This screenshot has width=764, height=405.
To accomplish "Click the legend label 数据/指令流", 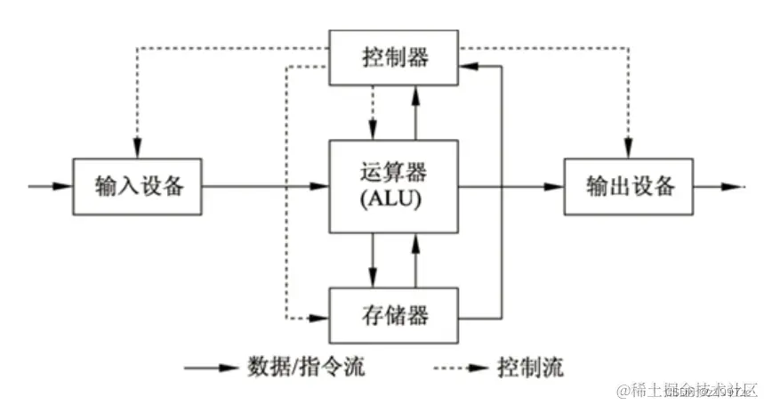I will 302,367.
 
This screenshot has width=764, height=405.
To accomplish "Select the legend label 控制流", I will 531,367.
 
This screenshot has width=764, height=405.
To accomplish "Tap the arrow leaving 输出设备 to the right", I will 719,187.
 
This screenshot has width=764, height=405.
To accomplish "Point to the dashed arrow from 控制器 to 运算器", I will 373,111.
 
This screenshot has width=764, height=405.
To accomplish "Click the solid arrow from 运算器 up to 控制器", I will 414,111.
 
